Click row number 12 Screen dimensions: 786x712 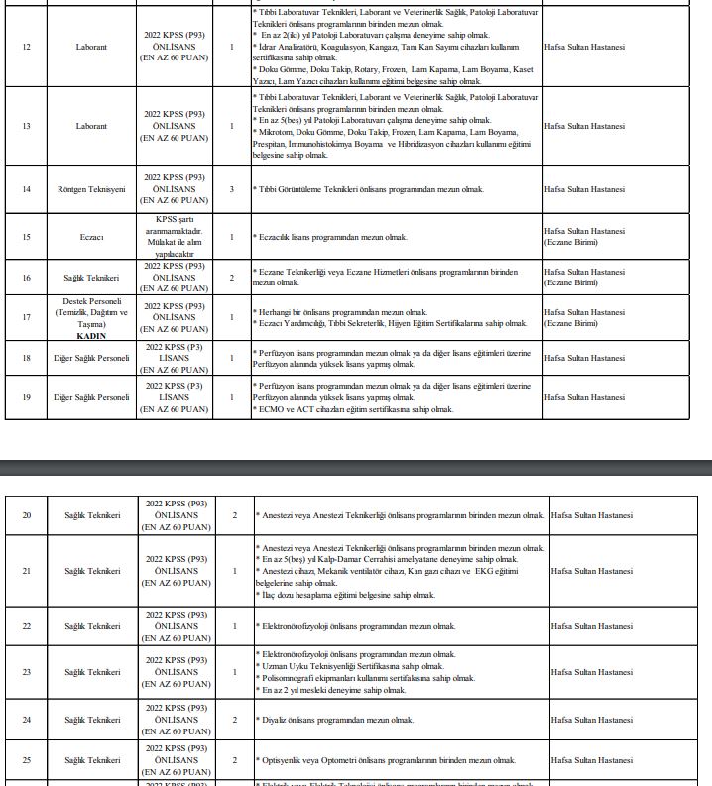coord(26,47)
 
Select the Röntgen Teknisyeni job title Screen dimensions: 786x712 coord(91,189)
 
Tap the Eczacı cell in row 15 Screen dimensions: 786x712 coord(91,237)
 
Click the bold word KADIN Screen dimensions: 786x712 coord(91,336)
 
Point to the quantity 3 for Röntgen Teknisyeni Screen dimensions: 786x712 coord(232,189)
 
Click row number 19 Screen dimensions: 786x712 coord(26,397)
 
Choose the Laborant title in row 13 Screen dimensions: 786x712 coord(91,126)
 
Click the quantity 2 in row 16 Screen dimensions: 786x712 coord(232,278)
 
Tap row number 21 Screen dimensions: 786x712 coord(26,571)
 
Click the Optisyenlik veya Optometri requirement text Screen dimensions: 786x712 coord(387,760)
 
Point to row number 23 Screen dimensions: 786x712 coord(26,672)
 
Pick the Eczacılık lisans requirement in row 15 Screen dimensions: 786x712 coord(331,237)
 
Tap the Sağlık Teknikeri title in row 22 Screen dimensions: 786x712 coord(92,626)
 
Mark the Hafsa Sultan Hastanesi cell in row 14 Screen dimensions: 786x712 coord(584,189)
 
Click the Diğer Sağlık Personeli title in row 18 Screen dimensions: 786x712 coord(91,358)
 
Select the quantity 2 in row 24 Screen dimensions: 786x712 coord(235,720)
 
